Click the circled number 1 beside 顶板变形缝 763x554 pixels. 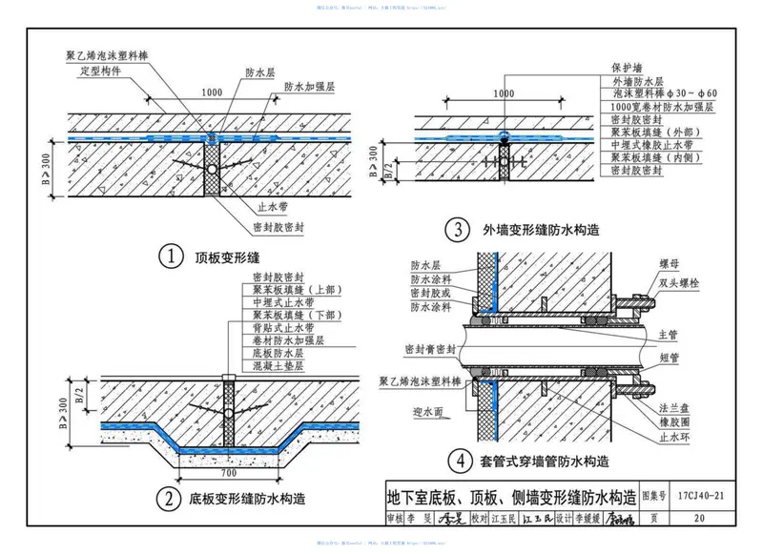(x=171, y=257)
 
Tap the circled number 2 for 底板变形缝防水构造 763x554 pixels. (x=168, y=497)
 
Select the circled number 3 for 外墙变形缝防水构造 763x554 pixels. (x=461, y=230)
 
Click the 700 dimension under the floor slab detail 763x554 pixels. (x=226, y=472)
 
